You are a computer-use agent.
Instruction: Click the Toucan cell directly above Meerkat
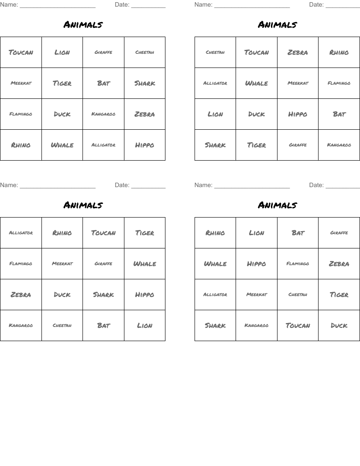pyautogui.click(x=21, y=53)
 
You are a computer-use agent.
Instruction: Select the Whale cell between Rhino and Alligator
pyautogui.click(x=62, y=145)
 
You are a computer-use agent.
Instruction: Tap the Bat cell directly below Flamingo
pyautogui.click(x=339, y=114)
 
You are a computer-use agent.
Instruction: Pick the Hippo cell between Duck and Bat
pyautogui.click(x=298, y=114)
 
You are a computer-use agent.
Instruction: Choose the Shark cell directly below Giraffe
pyautogui.click(x=103, y=295)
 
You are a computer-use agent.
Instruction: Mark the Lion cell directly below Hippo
pyautogui.click(x=145, y=326)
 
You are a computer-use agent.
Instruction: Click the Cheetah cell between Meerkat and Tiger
pyautogui.click(x=298, y=295)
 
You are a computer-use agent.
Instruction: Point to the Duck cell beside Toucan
pyautogui.click(x=339, y=326)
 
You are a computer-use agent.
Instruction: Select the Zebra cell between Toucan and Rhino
pyautogui.click(x=298, y=53)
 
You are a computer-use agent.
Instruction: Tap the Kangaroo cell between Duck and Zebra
pyautogui.click(x=103, y=114)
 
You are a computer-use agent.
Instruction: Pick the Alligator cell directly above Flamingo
pyautogui.click(x=21, y=233)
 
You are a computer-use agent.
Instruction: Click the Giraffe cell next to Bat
pyautogui.click(x=339, y=233)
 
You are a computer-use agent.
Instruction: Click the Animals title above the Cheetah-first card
pyautogui.click(x=277, y=25)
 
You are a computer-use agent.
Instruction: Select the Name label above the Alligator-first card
pyautogui.click(x=9, y=185)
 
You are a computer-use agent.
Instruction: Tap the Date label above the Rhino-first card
pyautogui.click(x=316, y=185)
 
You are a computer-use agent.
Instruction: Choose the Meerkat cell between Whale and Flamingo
pyautogui.click(x=298, y=83)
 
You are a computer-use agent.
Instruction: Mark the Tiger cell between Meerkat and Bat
pyautogui.click(x=62, y=83)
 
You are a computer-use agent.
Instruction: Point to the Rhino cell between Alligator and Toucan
pyautogui.click(x=62, y=233)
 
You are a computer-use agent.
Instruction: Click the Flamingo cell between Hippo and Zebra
pyautogui.click(x=298, y=264)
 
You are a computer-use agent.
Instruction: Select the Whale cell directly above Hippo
pyautogui.click(x=145, y=264)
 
